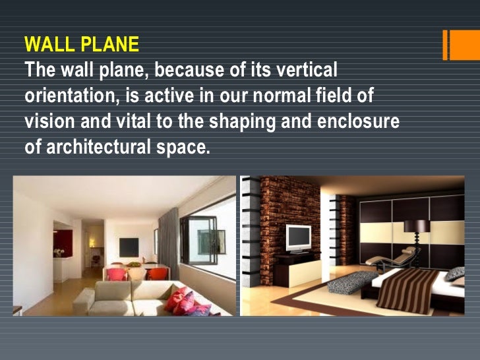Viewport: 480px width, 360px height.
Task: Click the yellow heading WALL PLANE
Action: coord(82,45)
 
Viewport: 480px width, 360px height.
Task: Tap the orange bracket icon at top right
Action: coord(454,45)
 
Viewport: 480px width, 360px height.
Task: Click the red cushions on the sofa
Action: coord(182,300)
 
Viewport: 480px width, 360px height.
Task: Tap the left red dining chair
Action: coord(117,274)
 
